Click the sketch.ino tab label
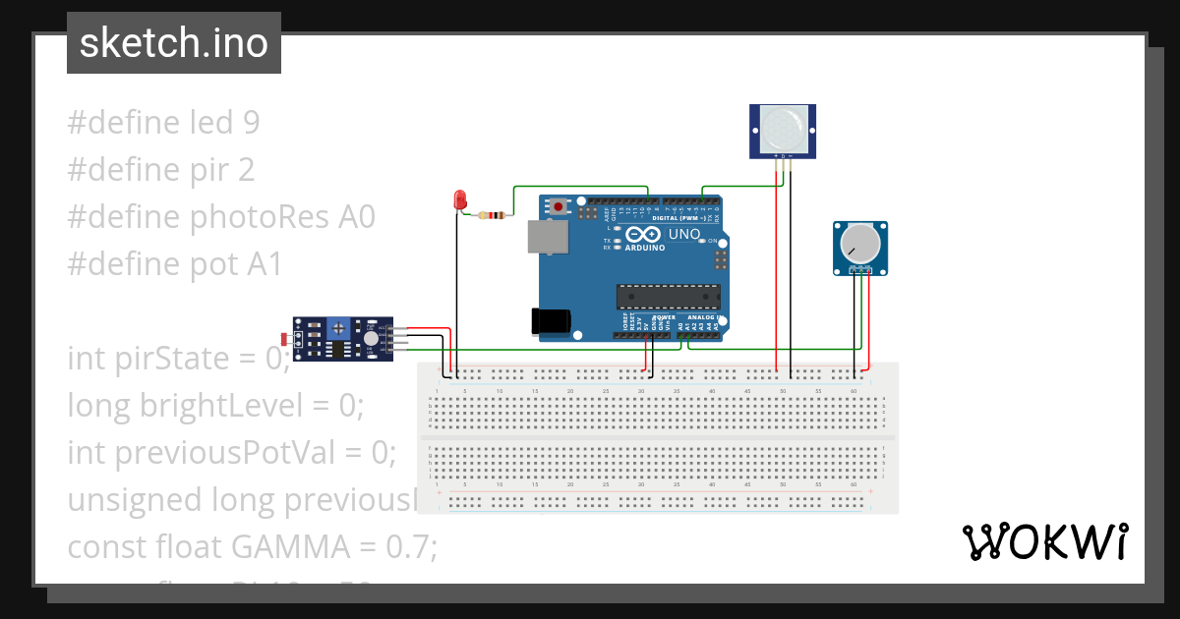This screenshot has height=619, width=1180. coord(174,43)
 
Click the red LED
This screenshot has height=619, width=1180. coord(459,199)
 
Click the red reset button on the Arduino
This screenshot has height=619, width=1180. coord(560,206)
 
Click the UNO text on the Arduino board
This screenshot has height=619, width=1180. coord(684,235)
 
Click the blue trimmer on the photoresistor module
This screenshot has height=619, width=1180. coord(339,327)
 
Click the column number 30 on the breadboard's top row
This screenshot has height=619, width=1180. coord(641,391)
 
